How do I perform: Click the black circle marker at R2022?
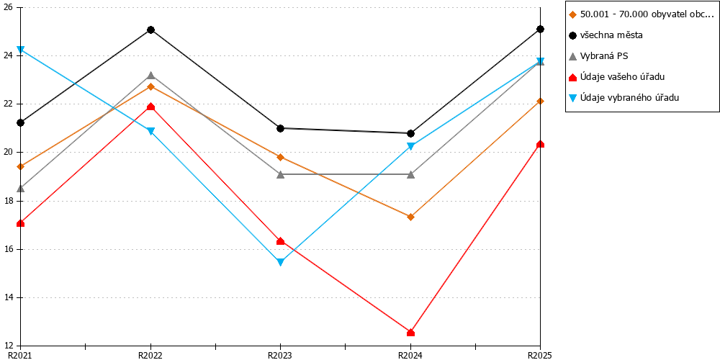150,30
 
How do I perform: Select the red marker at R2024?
410,333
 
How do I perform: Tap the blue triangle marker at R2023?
281,263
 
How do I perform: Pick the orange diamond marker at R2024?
410,217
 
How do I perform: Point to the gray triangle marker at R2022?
150,76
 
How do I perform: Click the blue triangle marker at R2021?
21,50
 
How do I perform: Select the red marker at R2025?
541,144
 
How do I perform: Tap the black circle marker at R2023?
281,128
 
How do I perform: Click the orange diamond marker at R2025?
541,101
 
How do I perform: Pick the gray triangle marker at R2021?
21,188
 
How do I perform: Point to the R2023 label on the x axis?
281,355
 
